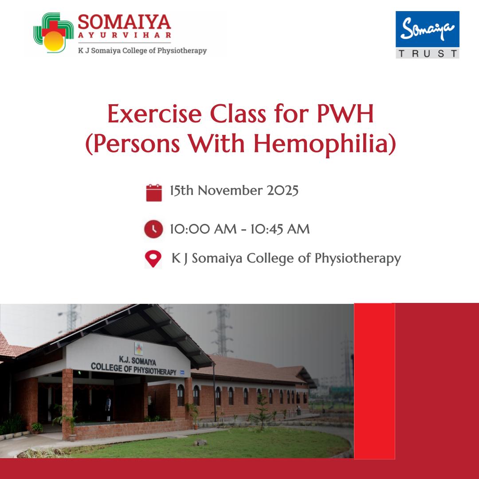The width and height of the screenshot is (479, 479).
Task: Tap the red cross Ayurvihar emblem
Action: click(54, 32)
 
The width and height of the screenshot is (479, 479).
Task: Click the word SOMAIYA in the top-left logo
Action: click(124, 22)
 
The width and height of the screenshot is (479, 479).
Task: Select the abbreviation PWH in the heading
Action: click(345, 114)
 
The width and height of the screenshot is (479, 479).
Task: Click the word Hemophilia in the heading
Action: click(325, 143)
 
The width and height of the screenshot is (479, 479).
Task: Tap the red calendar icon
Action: click(154, 192)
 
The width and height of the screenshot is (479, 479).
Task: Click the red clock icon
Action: click(153, 229)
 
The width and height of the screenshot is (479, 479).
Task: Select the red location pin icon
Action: click(153, 259)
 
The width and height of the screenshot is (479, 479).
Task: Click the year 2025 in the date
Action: click(283, 190)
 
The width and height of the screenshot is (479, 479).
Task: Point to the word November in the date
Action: click(230, 190)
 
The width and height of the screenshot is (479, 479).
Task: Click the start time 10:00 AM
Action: click(203, 229)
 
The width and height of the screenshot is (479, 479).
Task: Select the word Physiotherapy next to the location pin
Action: click(358, 259)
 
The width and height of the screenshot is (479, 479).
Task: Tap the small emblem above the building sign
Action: click(139, 348)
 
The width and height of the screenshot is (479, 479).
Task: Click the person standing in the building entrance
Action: click(108, 408)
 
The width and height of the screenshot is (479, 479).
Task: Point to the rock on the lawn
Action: click(200, 442)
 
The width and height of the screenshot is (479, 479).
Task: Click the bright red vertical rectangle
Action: click(374, 381)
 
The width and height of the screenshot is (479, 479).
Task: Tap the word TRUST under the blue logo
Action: click(428, 54)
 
